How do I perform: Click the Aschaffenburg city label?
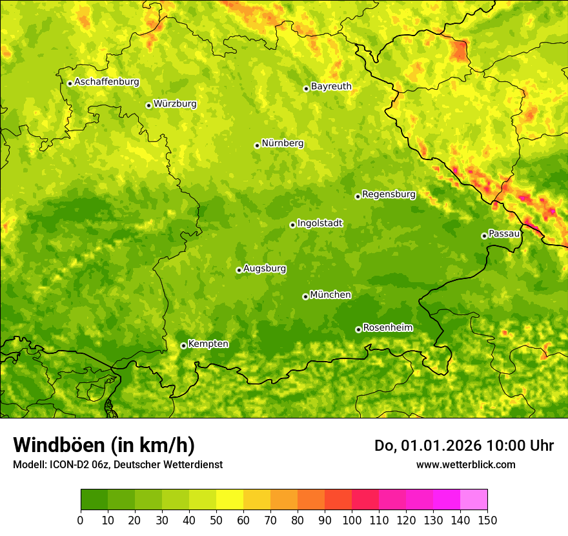tap(107, 82)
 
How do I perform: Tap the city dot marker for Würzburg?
tap(148, 105)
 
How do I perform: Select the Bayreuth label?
tap(331, 86)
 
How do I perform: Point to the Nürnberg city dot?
tap(257, 145)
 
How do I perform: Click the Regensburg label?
tap(389, 194)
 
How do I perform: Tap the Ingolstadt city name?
tap(319, 223)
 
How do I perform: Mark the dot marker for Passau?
tap(484, 236)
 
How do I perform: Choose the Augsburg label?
tap(265, 268)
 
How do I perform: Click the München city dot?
tap(305, 296)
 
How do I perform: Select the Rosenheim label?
tap(387, 327)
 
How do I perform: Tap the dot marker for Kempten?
tap(183, 345)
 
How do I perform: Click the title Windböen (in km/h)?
tap(103, 446)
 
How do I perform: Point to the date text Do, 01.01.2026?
tap(428, 446)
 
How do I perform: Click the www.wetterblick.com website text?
tap(465, 464)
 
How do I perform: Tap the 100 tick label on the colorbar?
tap(352, 520)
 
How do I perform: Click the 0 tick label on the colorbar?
tap(81, 520)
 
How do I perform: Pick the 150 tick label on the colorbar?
tap(487, 520)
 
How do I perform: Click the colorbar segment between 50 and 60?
tap(230, 500)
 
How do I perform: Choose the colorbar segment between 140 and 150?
tap(474, 500)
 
